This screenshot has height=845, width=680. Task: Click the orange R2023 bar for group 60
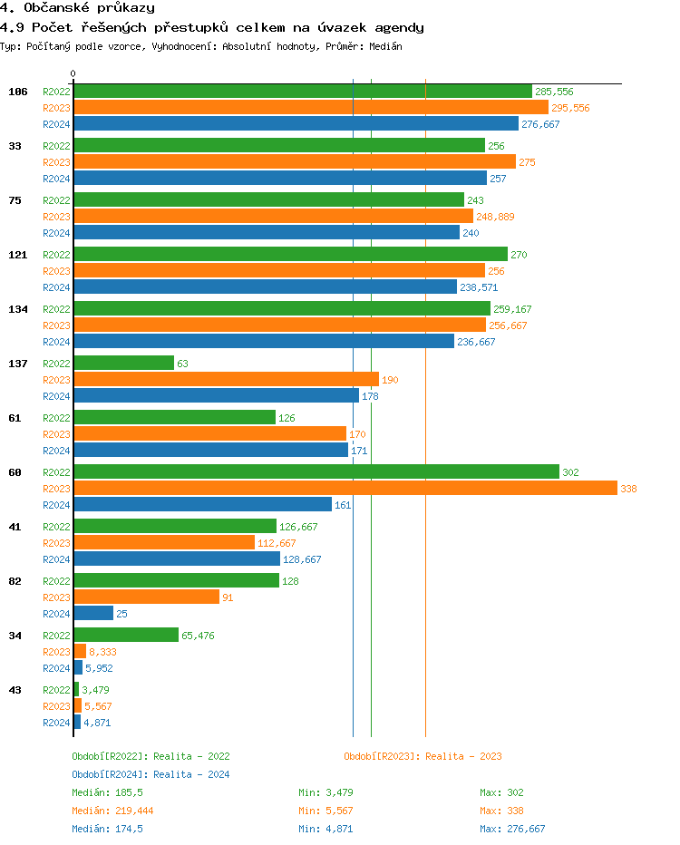(x=345, y=488)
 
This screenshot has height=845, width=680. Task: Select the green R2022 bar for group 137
(x=123, y=363)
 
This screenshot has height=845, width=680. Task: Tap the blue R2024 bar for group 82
(x=93, y=613)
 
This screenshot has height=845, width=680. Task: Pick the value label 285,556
(x=554, y=92)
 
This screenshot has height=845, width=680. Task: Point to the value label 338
(x=628, y=489)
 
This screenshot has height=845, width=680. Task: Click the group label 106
(x=18, y=92)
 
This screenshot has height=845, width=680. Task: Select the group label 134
(x=18, y=309)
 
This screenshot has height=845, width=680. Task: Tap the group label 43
(x=15, y=690)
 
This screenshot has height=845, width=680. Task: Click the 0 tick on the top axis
(x=73, y=73)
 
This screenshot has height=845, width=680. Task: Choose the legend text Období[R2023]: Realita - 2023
(x=423, y=756)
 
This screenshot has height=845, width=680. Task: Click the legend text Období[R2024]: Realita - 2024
(x=151, y=774)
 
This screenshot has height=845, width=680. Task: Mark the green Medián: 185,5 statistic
(x=107, y=792)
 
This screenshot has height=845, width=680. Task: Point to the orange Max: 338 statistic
(x=501, y=811)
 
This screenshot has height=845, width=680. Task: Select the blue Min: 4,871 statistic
(x=325, y=829)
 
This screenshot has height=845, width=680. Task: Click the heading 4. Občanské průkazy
(x=77, y=8)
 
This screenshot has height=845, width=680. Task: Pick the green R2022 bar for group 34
(x=126, y=635)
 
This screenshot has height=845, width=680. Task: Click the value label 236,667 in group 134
(x=476, y=342)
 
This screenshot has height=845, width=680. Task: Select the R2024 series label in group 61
(x=56, y=451)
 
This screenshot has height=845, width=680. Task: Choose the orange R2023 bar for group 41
(x=164, y=542)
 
